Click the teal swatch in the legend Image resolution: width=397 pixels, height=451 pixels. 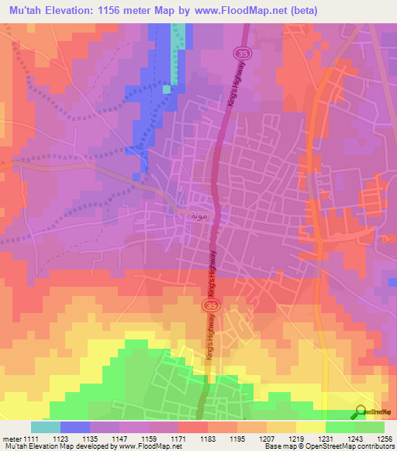(46, 427)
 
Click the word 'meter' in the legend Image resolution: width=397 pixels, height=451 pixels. (11, 439)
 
